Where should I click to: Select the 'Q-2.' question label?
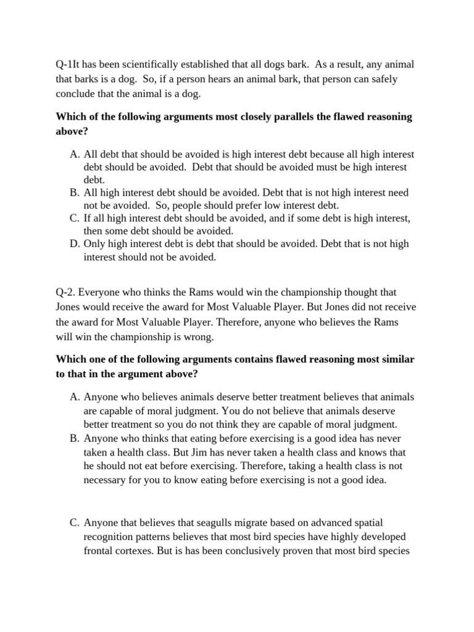point(68,292)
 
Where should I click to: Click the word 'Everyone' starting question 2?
point(104,292)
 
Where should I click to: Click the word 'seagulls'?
point(197,523)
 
